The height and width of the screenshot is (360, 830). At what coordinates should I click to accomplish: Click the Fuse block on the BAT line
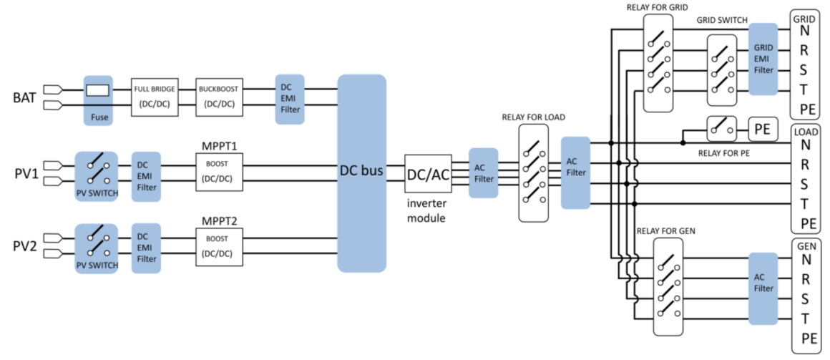click(x=99, y=100)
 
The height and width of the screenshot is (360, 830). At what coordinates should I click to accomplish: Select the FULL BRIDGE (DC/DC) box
click(x=154, y=97)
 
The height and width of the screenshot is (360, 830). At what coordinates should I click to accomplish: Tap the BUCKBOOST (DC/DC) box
click(x=219, y=97)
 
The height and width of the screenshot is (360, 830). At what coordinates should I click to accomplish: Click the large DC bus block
click(x=361, y=173)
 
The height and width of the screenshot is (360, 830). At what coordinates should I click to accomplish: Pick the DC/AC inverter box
click(x=428, y=174)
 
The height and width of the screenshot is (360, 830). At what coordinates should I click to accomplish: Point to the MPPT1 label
click(x=219, y=145)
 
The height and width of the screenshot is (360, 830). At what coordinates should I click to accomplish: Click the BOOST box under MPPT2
click(x=219, y=247)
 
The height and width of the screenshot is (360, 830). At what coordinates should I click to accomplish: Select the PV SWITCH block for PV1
click(x=97, y=177)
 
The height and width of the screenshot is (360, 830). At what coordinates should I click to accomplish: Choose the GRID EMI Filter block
click(x=763, y=59)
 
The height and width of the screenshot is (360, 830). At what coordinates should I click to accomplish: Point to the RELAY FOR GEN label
click(x=665, y=230)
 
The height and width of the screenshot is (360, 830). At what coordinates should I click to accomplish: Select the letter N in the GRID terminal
click(x=805, y=30)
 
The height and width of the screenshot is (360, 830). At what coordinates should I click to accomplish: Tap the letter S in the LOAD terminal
click(x=805, y=184)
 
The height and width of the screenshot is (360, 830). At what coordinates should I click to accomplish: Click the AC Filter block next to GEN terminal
click(x=763, y=288)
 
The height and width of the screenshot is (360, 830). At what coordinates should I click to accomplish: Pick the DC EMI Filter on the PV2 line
click(x=145, y=248)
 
